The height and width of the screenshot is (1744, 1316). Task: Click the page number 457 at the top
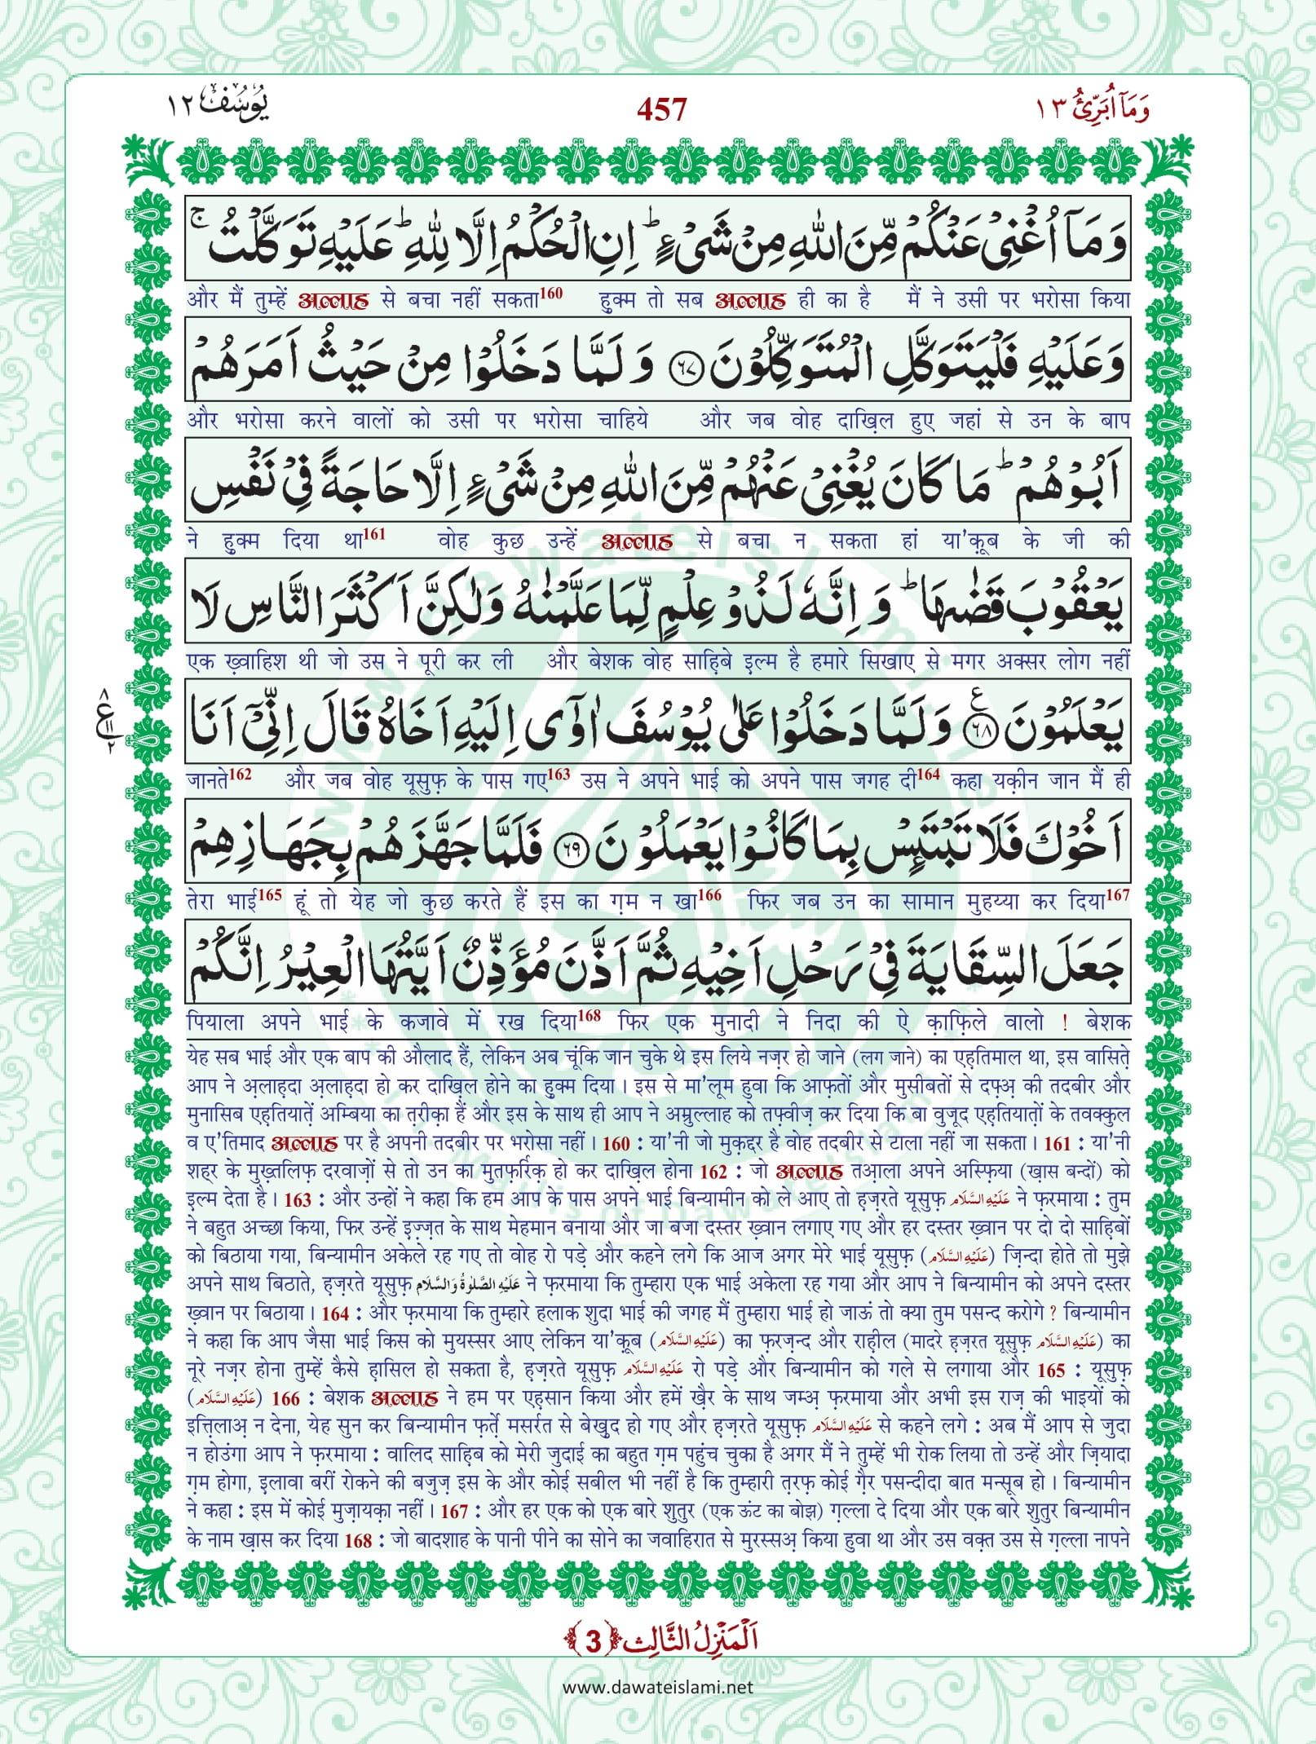point(661,109)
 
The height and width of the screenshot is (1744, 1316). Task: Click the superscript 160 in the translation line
point(551,294)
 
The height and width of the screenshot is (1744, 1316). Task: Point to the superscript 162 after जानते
point(240,775)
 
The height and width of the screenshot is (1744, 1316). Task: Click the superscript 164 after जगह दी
point(929,775)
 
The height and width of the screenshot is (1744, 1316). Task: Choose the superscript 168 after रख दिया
point(589,1016)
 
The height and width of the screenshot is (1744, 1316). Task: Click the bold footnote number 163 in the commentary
point(298,1200)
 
